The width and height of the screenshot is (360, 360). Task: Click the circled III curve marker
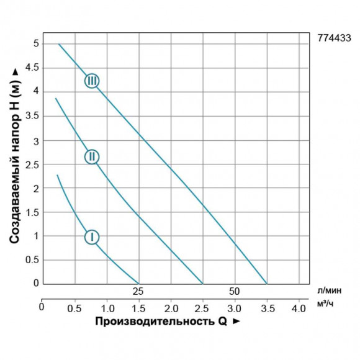tap(92, 81)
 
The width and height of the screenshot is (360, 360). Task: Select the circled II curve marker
tap(91, 156)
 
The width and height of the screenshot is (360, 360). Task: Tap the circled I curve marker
tap(91, 236)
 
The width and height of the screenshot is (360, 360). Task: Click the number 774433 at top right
tap(333, 38)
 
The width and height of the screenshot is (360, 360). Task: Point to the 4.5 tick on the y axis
tap(30, 67)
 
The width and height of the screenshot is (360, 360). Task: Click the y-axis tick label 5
tap(35, 43)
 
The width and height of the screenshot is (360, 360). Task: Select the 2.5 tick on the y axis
tap(30, 164)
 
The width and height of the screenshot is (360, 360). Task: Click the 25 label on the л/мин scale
tap(138, 291)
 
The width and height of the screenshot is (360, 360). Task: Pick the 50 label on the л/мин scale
tap(234, 291)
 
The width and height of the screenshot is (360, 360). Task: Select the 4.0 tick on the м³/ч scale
tap(298, 307)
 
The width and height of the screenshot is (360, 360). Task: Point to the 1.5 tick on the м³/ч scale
tap(138, 307)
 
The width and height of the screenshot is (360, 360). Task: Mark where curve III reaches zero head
tap(267, 284)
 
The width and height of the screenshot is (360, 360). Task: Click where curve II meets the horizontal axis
tap(202, 284)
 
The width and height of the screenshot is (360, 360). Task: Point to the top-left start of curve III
tap(58, 44)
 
